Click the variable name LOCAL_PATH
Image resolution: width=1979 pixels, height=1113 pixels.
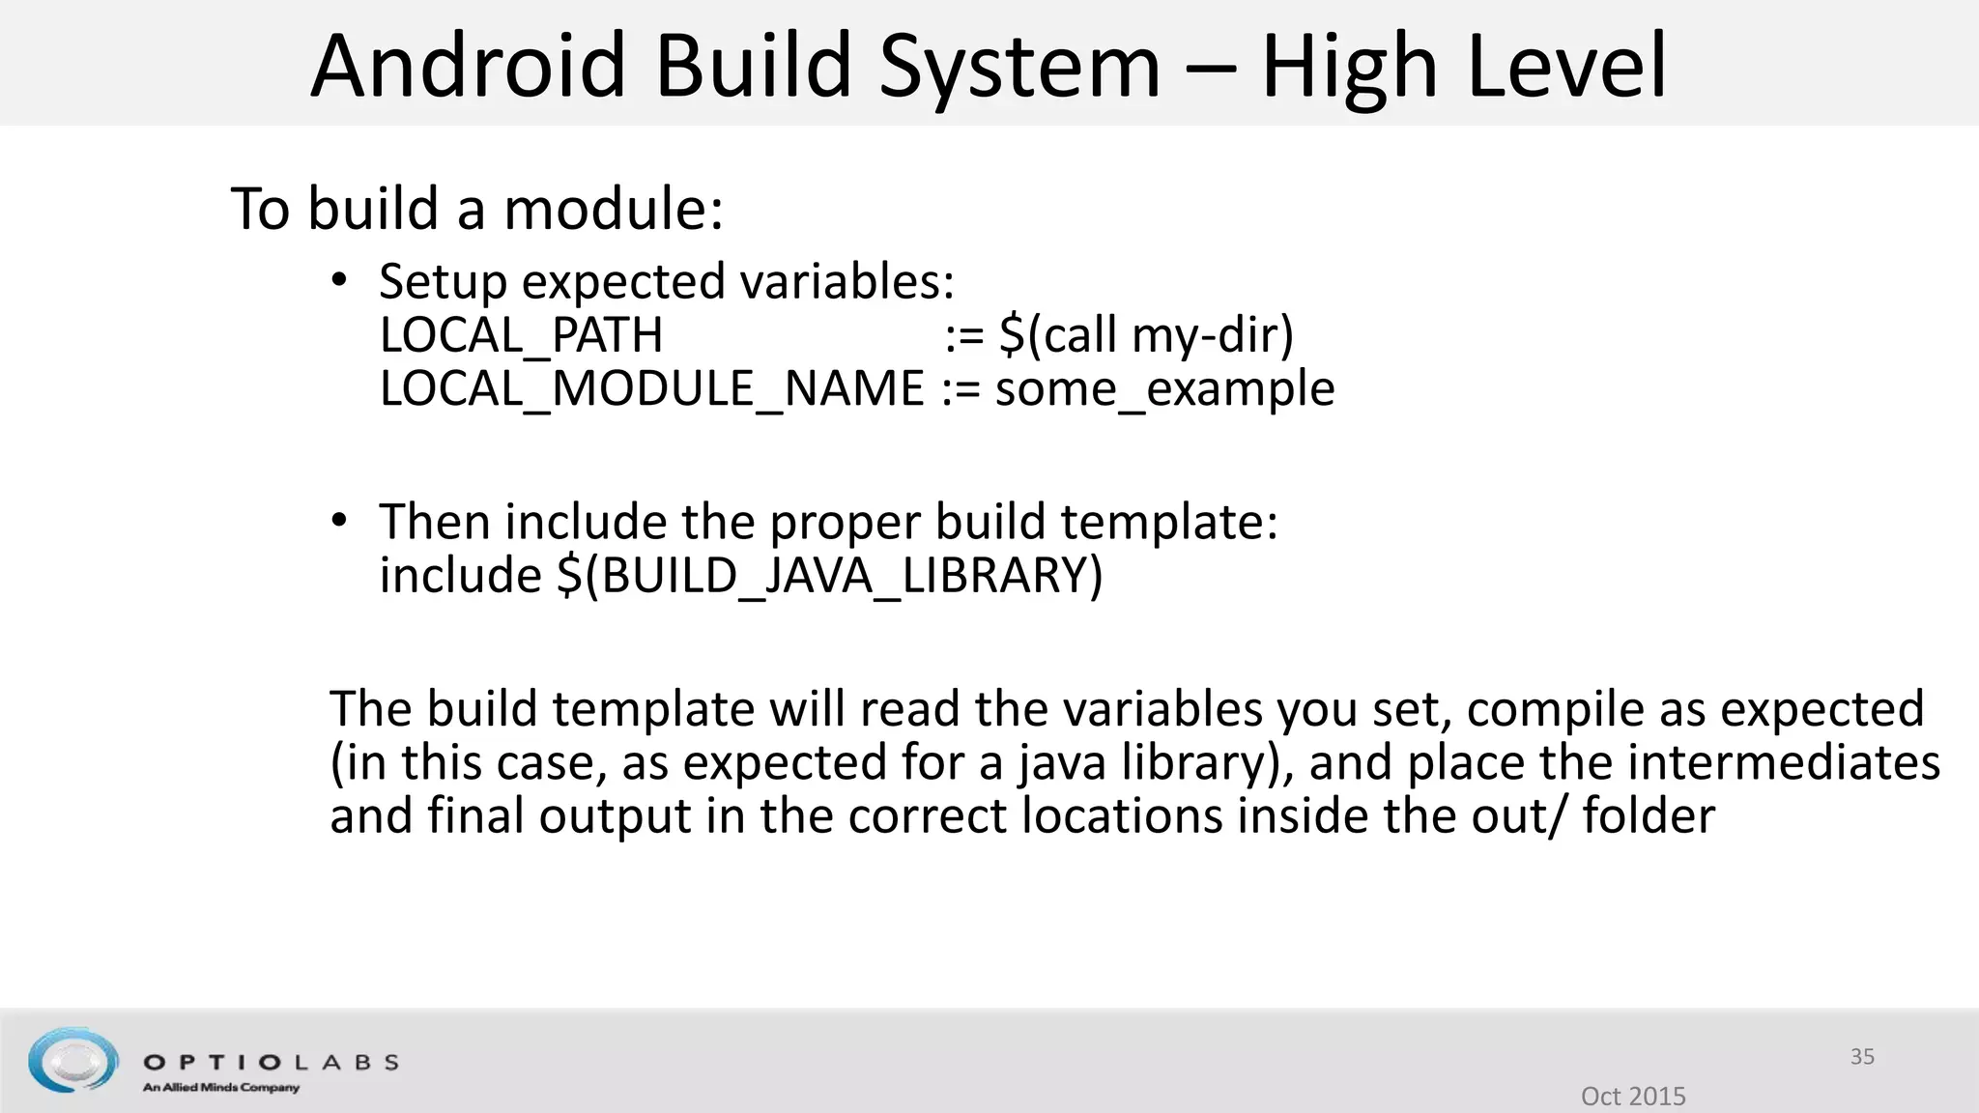(x=521, y=336)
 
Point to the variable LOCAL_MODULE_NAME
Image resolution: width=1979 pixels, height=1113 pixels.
(x=652, y=389)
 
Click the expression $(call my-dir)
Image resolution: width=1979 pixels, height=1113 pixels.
(x=1146, y=336)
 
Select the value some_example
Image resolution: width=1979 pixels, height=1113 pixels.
(x=1164, y=389)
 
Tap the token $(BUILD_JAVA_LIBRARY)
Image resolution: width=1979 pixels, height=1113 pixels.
(x=829, y=576)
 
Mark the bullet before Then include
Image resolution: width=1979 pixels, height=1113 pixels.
(x=338, y=522)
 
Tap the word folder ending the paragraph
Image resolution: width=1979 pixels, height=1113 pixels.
(x=1648, y=815)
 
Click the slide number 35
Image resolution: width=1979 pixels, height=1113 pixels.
(x=1862, y=1057)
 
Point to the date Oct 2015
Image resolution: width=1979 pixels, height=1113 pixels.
(x=1633, y=1096)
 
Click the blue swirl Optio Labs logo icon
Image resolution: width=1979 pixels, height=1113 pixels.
(x=72, y=1060)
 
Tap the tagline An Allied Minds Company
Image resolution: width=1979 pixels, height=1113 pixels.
(x=221, y=1088)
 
